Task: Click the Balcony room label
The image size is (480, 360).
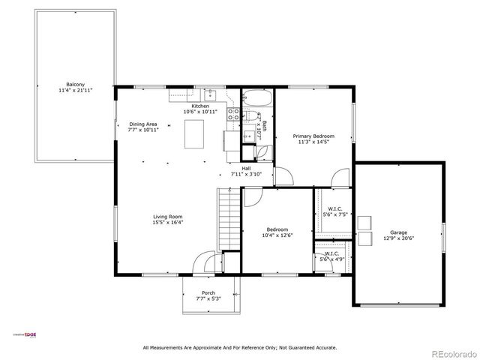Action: [x=75, y=84]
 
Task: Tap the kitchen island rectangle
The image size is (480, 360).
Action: [x=195, y=133]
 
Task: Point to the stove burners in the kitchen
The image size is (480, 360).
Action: [x=232, y=115]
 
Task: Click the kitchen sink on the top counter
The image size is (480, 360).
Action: [x=211, y=94]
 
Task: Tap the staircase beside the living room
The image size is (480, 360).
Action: [x=228, y=217]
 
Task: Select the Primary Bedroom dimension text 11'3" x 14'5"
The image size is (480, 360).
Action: [x=313, y=142]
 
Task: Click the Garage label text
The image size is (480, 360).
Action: [x=398, y=232]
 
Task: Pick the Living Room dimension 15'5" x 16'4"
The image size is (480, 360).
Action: [x=168, y=222]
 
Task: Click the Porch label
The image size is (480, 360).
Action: [x=208, y=292]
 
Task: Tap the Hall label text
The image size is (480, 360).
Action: [x=246, y=168]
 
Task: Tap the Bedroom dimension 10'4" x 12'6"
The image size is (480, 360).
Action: [x=277, y=235]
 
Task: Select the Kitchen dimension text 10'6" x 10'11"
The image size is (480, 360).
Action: [x=200, y=112]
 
